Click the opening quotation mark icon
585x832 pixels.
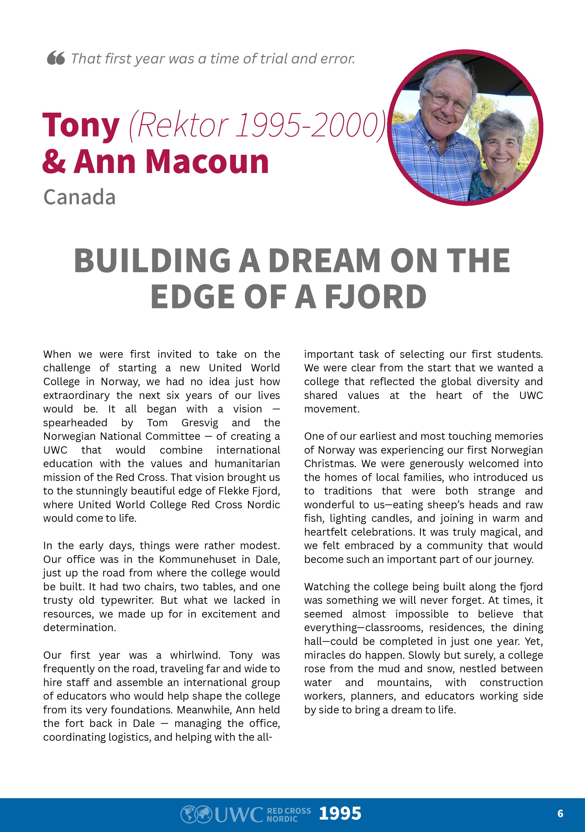56,58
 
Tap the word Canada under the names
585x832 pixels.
79,198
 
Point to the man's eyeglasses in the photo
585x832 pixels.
448,100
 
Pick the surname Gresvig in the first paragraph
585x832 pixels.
200,423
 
